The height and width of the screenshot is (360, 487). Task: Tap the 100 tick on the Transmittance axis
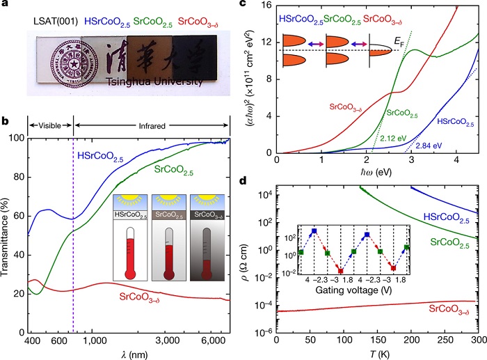pyautogui.click(x=17, y=138)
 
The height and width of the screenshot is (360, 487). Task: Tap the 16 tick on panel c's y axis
pyautogui.click(x=265, y=6)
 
